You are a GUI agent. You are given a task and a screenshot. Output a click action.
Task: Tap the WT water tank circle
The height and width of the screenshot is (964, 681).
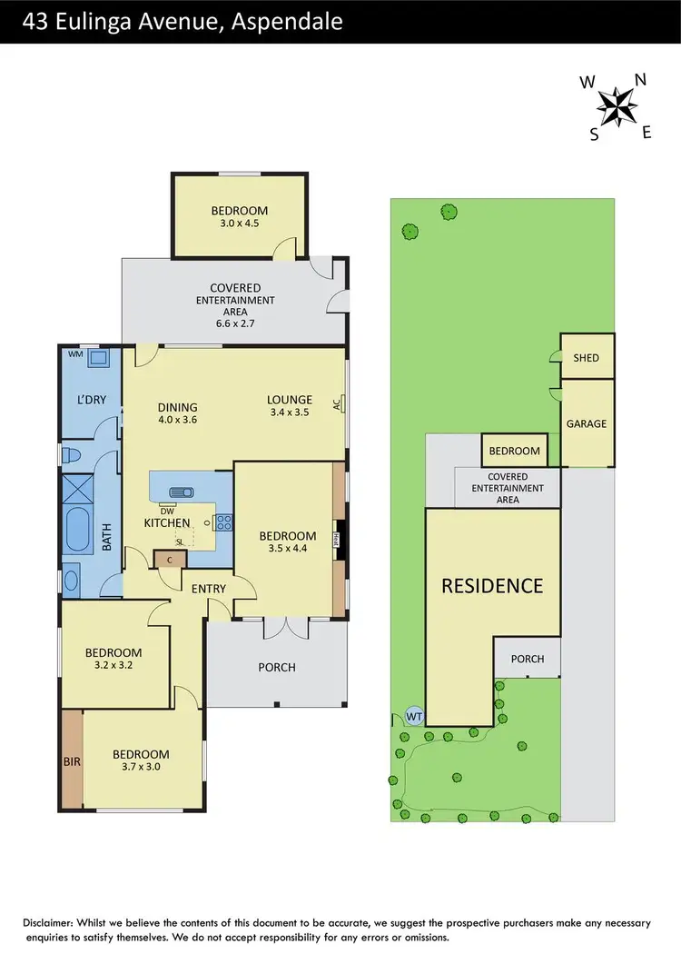[x=414, y=715]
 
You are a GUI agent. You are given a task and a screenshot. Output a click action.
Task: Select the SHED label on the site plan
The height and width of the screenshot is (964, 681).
[x=587, y=357]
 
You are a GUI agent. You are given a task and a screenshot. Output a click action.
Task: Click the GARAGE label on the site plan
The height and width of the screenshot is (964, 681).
[x=587, y=423]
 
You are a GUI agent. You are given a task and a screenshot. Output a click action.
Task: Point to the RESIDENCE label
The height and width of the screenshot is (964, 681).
[x=492, y=585]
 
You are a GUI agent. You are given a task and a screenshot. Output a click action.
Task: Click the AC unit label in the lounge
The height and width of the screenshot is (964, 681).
[x=337, y=404]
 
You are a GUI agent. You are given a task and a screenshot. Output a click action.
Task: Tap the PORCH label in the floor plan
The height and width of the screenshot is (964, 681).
[x=277, y=667]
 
